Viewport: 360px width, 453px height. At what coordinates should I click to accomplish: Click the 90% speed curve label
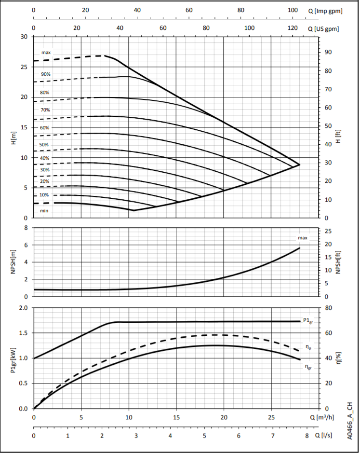click(46, 74)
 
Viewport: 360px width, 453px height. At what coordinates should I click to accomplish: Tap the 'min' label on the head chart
click(44, 211)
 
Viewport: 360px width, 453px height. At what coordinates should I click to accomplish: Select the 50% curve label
click(44, 145)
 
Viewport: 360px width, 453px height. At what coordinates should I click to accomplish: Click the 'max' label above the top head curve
click(46, 53)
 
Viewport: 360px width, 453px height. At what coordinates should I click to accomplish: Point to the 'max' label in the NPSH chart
click(303, 238)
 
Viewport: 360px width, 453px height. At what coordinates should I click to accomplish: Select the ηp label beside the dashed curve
click(309, 347)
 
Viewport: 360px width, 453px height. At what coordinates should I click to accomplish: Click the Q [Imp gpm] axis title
click(326, 10)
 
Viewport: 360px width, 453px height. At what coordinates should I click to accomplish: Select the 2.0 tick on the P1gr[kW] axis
click(23, 308)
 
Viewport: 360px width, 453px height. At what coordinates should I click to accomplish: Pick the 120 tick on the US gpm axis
click(293, 28)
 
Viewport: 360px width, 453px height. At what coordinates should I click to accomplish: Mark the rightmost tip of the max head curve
click(300, 165)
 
